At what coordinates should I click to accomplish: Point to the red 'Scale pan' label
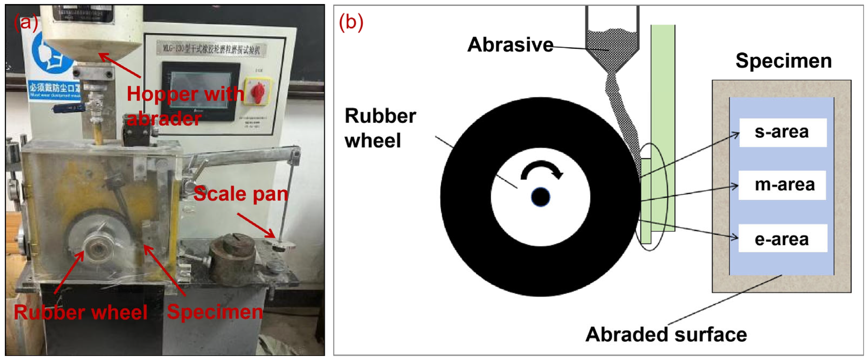[x=241, y=194]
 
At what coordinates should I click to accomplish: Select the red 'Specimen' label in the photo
[x=215, y=312]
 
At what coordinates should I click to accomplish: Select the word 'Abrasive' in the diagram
[x=510, y=44]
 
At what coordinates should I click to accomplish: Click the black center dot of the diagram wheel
[x=540, y=197]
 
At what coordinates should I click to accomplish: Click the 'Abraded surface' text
[x=666, y=335]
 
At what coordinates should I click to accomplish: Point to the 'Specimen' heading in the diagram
[x=783, y=61]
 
